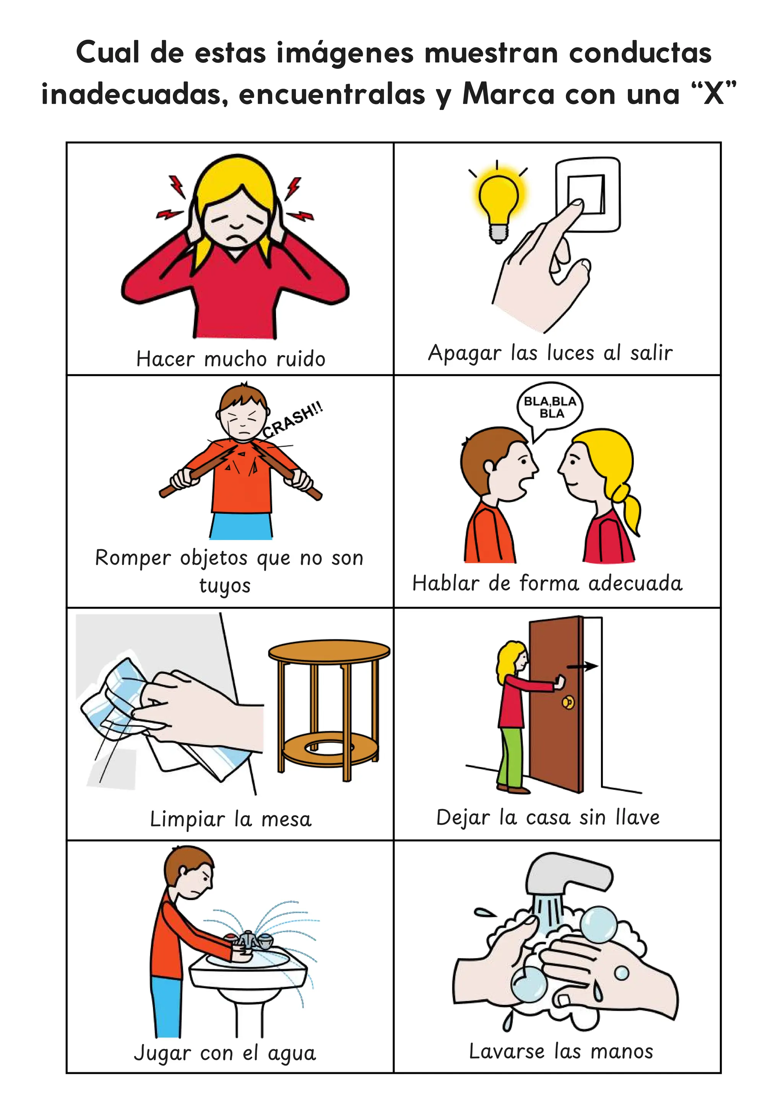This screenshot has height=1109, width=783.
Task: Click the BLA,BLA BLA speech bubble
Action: click(x=550, y=407)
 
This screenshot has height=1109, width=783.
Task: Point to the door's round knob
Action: click(x=568, y=702)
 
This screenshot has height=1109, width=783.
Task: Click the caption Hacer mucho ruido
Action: click(x=231, y=359)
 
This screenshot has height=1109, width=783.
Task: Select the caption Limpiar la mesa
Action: click(x=231, y=819)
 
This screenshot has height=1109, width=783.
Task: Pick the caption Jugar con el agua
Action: click(x=225, y=1053)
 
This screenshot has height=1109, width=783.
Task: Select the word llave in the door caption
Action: click(x=638, y=817)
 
